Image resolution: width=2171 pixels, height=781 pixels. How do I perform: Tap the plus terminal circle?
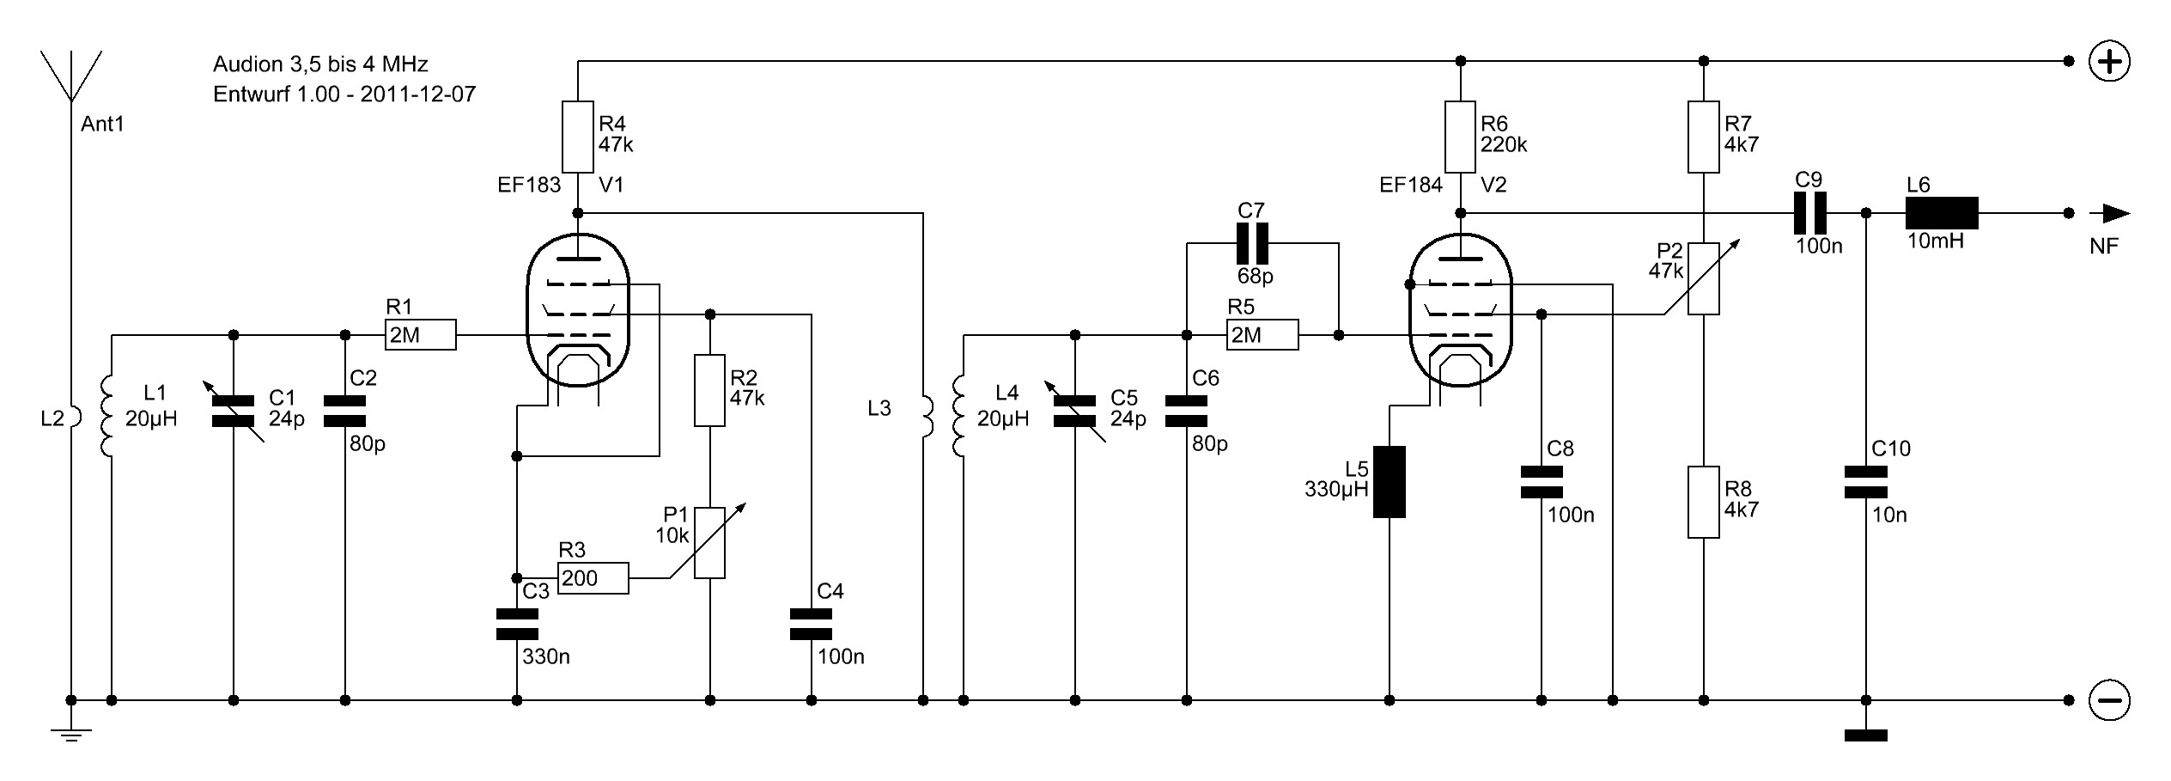[x=2109, y=62]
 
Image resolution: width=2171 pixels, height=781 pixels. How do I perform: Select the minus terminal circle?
[x=2109, y=700]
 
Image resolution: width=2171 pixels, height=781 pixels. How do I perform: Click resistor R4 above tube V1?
[x=578, y=137]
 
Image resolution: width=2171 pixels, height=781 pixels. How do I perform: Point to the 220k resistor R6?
[x=1460, y=137]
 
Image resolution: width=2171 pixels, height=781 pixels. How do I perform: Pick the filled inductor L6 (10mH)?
[x=1942, y=213]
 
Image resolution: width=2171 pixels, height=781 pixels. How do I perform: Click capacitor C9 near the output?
[x=1809, y=213]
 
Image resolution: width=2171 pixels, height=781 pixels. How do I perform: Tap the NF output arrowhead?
[x=2116, y=213]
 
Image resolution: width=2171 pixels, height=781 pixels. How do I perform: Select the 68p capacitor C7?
[x=1252, y=243]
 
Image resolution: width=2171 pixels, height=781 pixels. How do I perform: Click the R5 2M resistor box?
[x=1263, y=335]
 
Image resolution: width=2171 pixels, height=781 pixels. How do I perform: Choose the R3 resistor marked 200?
[x=593, y=578]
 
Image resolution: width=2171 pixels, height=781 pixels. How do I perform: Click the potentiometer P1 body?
[x=710, y=542]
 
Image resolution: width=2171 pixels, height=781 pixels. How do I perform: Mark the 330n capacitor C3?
[x=517, y=625]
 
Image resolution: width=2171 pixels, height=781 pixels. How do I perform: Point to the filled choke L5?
[x=1390, y=482]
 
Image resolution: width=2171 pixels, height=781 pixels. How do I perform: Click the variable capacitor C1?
[x=234, y=412]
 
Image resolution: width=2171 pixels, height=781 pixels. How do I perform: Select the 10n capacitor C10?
[x=1866, y=482]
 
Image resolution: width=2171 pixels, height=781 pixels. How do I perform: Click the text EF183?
[x=529, y=185]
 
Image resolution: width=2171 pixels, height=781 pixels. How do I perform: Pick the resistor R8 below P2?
[x=1704, y=502]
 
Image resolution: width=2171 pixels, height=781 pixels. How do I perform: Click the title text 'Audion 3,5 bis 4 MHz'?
[x=320, y=64]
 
